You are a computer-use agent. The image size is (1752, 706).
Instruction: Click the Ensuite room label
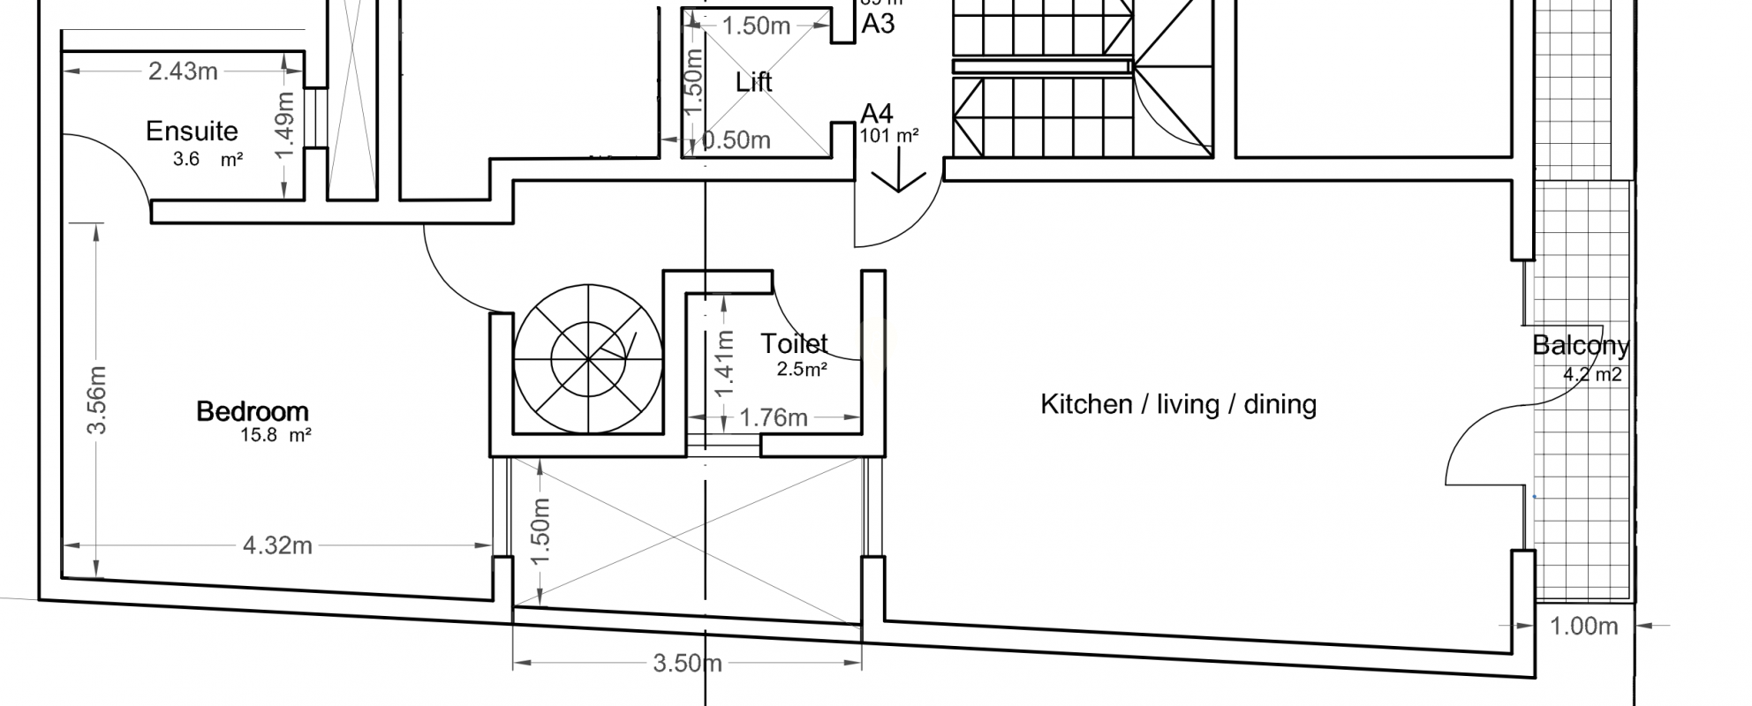[192, 131]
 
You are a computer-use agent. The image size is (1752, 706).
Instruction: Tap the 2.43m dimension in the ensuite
[183, 71]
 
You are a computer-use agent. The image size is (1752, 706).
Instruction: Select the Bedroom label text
[253, 411]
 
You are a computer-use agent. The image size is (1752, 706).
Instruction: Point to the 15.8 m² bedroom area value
[276, 435]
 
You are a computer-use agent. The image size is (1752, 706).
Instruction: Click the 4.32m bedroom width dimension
[277, 546]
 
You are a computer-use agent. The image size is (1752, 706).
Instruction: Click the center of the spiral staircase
[587, 358]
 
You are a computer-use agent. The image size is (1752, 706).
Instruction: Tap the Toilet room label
[794, 343]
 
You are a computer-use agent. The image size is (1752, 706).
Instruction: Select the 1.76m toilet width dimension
[774, 417]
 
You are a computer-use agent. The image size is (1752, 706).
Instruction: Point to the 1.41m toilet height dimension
[725, 364]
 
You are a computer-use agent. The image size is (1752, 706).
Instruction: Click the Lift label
[753, 82]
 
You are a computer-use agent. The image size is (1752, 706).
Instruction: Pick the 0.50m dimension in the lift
[737, 140]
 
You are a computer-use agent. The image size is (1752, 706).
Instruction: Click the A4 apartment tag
[877, 114]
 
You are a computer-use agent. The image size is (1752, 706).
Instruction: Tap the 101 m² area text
[889, 136]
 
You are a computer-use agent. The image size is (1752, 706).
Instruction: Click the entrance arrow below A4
[899, 173]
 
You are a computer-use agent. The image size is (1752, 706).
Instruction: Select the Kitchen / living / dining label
[1178, 404]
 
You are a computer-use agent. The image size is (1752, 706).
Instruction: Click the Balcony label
[1581, 345]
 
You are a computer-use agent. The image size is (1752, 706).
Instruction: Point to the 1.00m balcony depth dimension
[1584, 627]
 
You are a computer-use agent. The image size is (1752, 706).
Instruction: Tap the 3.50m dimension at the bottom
[687, 663]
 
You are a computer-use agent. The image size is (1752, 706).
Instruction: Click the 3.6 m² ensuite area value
[208, 160]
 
